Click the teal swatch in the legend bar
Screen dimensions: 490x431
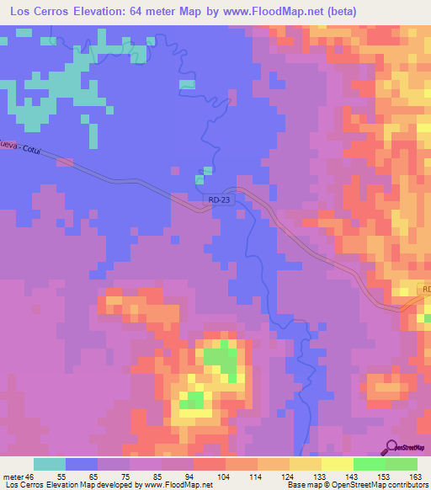click(x=50, y=464)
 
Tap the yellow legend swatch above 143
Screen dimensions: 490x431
click(x=338, y=464)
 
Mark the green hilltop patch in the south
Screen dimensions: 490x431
click(x=221, y=360)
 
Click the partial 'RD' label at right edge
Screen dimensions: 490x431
click(x=425, y=290)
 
